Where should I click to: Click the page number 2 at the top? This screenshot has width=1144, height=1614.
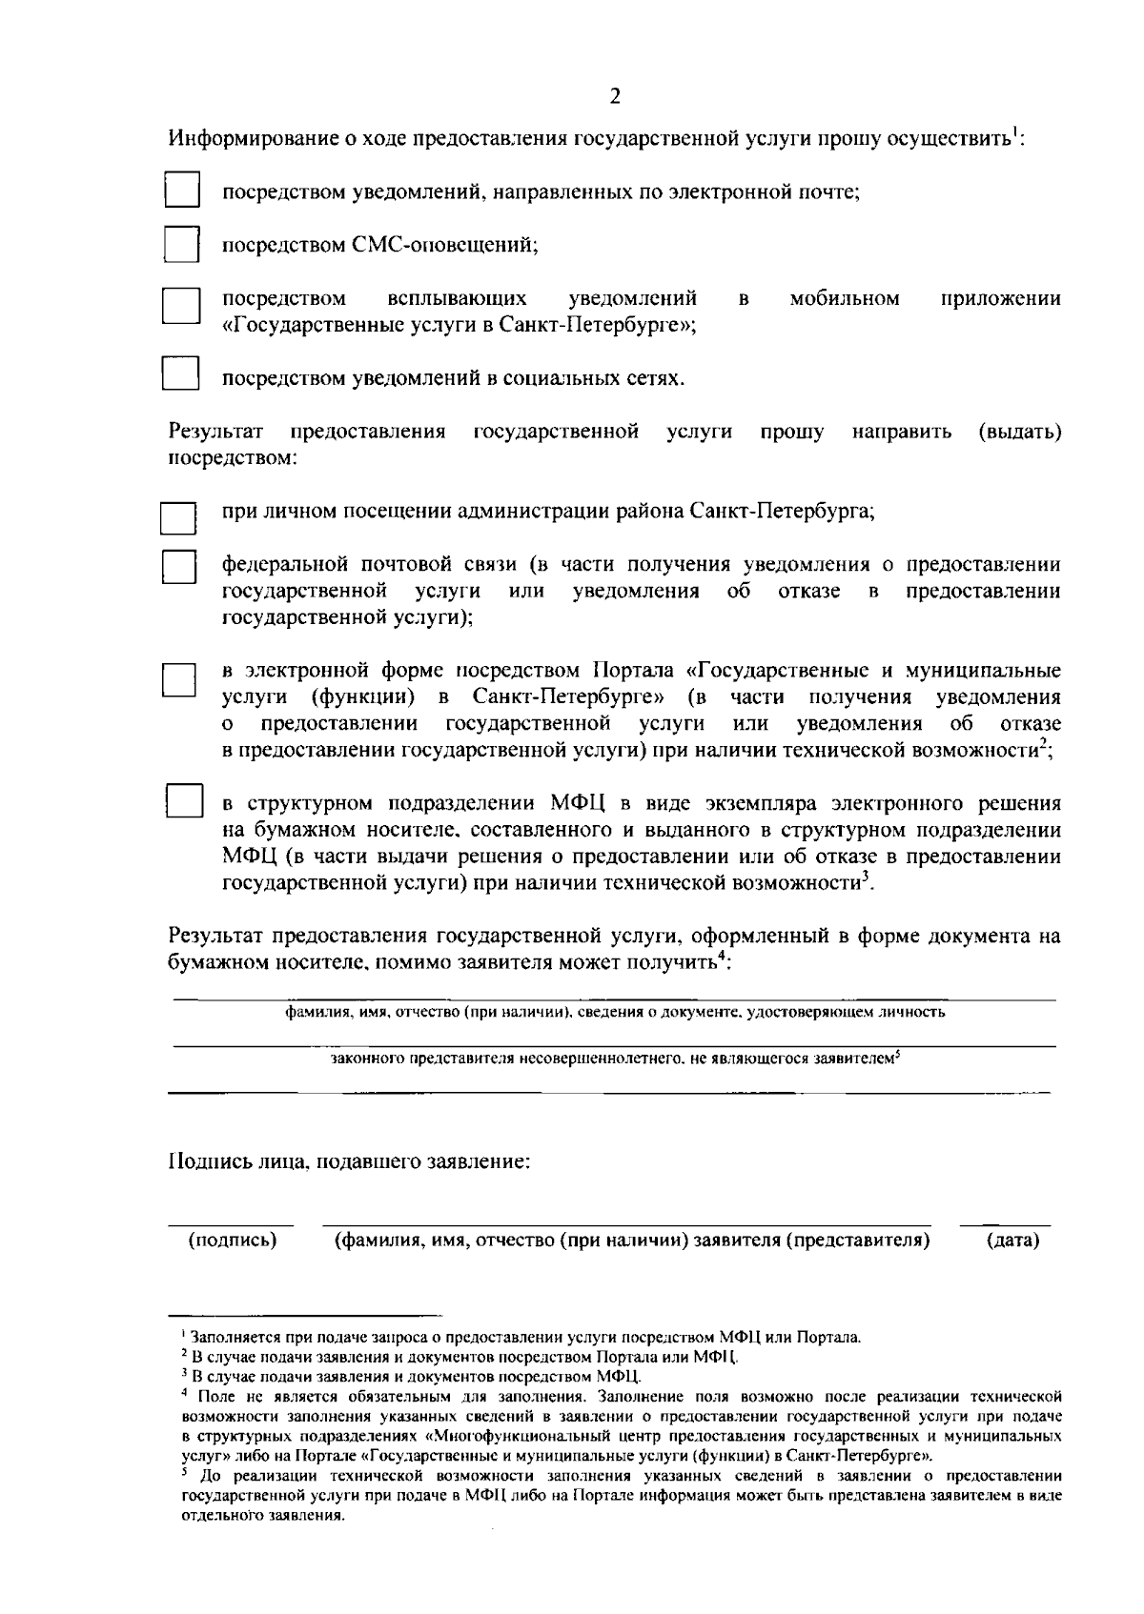click(x=615, y=95)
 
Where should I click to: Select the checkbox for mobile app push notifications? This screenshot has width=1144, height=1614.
click(x=180, y=308)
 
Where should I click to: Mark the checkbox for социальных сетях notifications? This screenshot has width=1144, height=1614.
click(x=180, y=373)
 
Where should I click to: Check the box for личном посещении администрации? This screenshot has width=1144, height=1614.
click(x=178, y=518)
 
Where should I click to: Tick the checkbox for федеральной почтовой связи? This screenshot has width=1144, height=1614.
click(x=178, y=569)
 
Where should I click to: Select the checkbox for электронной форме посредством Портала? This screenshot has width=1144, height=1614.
click(x=178, y=681)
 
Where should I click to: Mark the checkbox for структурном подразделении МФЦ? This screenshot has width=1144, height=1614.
click(x=184, y=801)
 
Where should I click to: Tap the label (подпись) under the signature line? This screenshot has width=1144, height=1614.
click(x=233, y=1240)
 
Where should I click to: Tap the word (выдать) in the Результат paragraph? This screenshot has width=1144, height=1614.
click(x=1019, y=433)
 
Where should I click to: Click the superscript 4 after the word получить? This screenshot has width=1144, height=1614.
click(x=722, y=956)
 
